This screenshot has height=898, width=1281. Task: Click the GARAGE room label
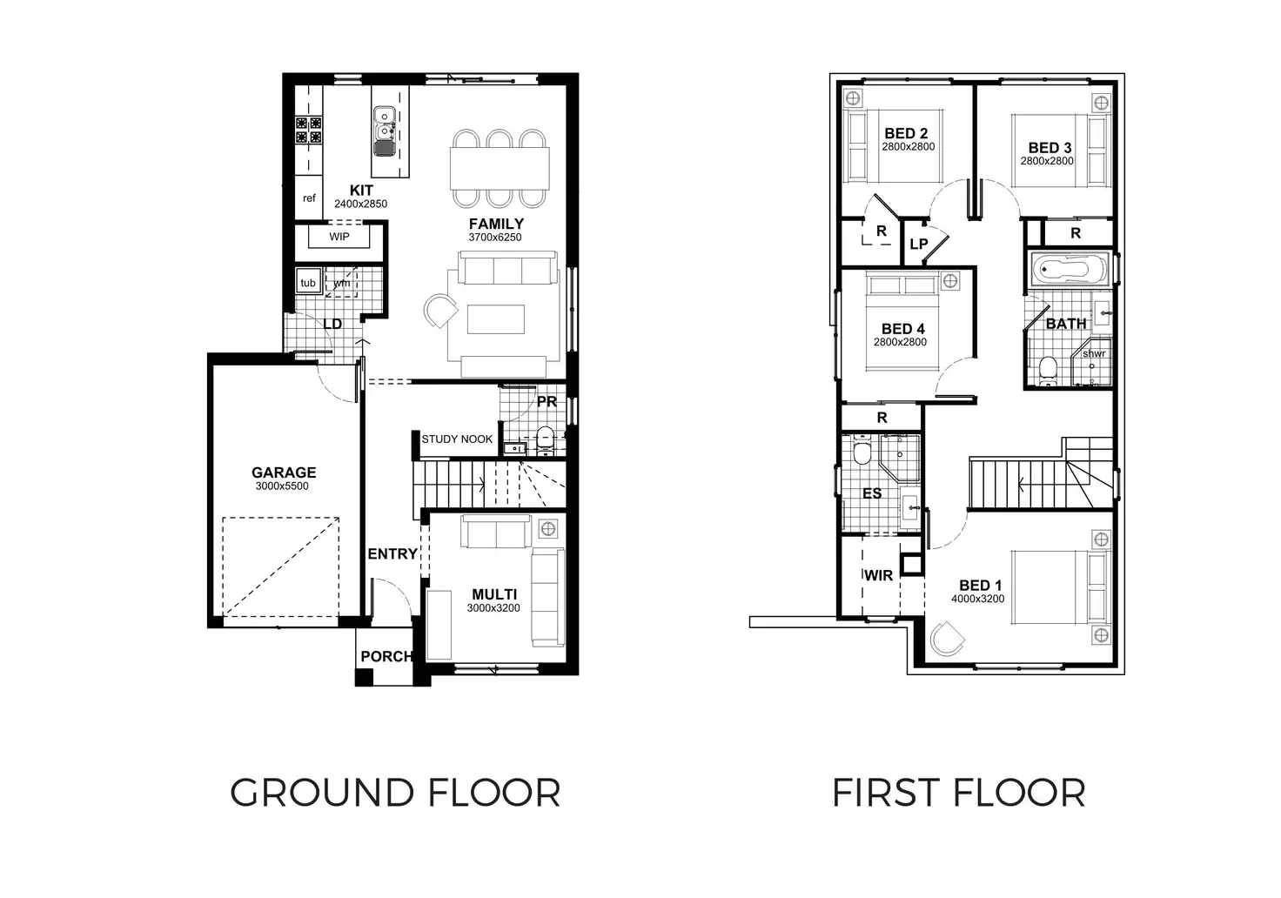pyautogui.click(x=284, y=472)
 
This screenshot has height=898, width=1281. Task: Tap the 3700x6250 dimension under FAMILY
pyautogui.click(x=494, y=237)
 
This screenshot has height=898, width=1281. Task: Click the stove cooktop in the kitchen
pyautogui.click(x=308, y=130)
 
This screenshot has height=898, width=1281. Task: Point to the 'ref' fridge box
pyautogui.click(x=309, y=198)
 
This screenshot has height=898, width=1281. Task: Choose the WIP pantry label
pyautogui.click(x=339, y=237)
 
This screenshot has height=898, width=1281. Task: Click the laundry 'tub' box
pyautogui.click(x=307, y=283)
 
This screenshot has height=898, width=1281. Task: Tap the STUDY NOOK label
pyautogui.click(x=457, y=439)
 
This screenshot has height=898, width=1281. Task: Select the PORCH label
pyautogui.click(x=386, y=656)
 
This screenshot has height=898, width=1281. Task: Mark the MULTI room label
pyautogui.click(x=493, y=594)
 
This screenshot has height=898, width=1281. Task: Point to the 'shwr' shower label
pyautogui.click(x=1094, y=353)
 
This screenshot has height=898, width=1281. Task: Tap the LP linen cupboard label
pyautogui.click(x=918, y=245)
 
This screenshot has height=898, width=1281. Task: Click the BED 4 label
pyautogui.click(x=902, y=329)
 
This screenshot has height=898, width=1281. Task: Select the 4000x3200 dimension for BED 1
pyautogui.click(x=977, y=599)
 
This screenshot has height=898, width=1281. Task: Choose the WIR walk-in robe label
pyautogui.click(x=878, y=575)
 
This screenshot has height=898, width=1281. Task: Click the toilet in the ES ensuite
pyautogui.click(x=861, y=453)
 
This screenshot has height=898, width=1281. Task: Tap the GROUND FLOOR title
pyautogui.click(x=395, y=793)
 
